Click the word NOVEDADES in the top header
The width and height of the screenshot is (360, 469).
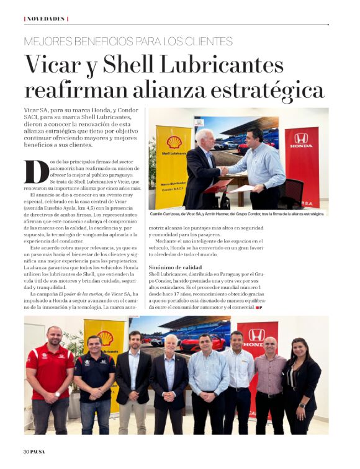[x=46, y=19]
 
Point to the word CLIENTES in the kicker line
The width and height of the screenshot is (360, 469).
[x=203, y=42]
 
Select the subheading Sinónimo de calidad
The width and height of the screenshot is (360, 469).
[x=174, y=267]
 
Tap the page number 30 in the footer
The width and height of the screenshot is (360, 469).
[x=27, y=450]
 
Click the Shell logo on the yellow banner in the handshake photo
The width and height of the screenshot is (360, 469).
[x=174, y=142]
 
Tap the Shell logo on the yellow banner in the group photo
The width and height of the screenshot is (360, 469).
[x=105, y=338]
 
